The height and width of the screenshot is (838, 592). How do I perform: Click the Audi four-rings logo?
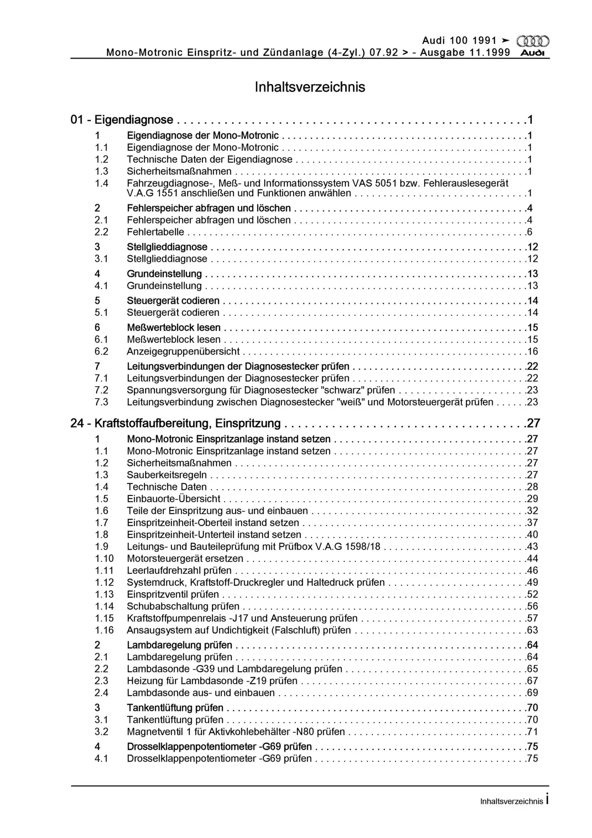click(533, 41)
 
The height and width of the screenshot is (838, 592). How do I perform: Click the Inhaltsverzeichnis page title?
click(310, 87)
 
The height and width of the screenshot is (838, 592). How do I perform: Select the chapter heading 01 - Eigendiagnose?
click(122, 120)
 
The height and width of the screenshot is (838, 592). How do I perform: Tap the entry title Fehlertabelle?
click(155, 232)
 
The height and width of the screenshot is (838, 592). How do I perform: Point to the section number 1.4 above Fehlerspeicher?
click(102, 183)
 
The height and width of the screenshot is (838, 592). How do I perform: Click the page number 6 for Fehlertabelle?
click(530, 232)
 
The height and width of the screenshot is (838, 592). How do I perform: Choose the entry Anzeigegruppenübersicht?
click(183, 351)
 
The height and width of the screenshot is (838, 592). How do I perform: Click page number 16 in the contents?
click(532, 351)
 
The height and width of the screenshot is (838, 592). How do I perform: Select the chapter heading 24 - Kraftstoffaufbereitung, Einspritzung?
click(175, 423)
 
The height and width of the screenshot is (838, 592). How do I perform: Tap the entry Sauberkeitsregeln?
click(167, 475)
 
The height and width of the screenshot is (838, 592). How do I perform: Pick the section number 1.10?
click(104, 558)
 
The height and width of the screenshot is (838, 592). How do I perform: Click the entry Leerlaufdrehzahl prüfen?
click(179, 570)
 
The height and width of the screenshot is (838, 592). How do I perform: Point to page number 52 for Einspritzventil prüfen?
click(532, 594)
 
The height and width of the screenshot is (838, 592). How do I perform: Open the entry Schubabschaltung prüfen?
click(183, 606)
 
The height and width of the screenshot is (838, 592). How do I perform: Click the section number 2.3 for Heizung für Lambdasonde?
click(102, 681)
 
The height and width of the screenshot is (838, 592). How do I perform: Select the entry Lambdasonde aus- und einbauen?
click(201, 693)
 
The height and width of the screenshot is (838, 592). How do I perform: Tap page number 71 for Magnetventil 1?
click(532, 732)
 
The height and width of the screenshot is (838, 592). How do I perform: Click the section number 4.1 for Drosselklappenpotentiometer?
click(102, 759)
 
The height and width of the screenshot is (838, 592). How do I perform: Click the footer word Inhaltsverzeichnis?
click(511, 801)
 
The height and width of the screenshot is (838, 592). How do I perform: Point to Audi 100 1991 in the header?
click(459, 41)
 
